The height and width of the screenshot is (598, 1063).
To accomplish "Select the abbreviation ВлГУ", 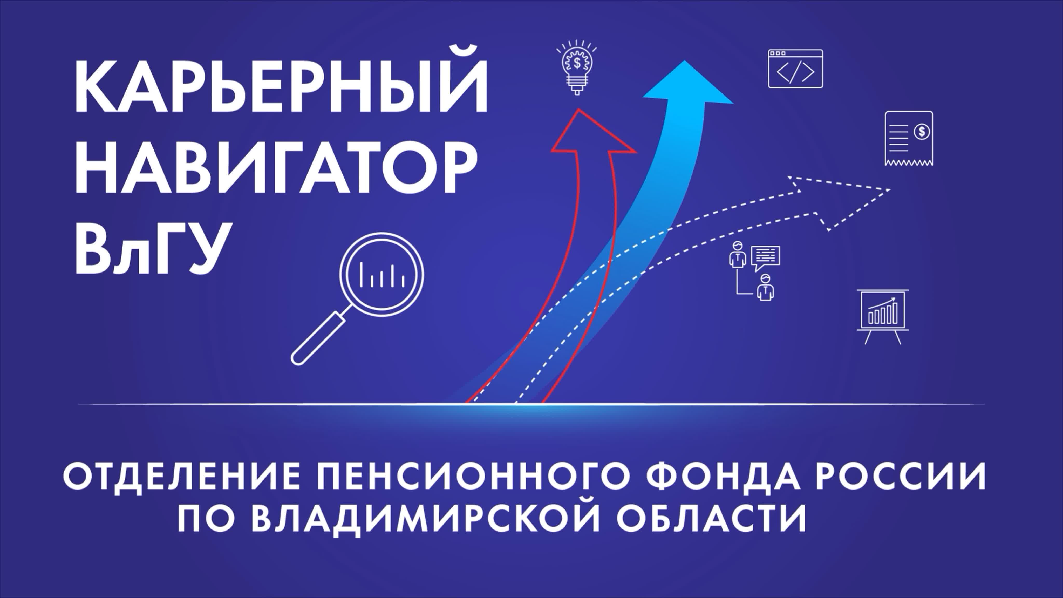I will point(151,250).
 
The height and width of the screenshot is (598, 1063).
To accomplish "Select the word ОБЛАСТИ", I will point(712,518).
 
